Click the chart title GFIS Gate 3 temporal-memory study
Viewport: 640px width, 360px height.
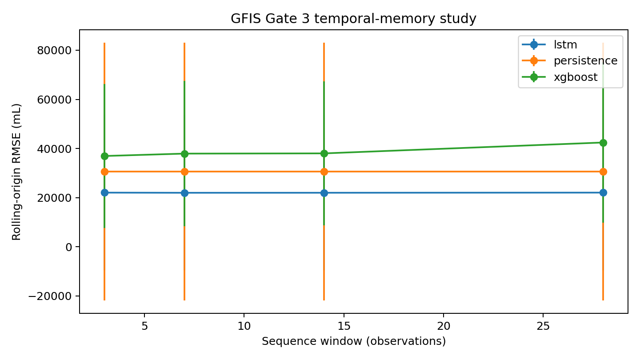pos(353,19)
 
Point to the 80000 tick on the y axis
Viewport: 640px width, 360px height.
pos(54,51)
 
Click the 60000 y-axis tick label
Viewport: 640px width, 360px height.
pos(54,100)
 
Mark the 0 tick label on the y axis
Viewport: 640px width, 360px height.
pos(68,247)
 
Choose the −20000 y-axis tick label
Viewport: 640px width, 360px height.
pos(50,296)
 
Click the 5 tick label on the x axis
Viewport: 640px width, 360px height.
pos(144,326)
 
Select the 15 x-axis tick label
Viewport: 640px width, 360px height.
pos(344,326)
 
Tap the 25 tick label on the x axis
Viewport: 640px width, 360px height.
pos(543,326)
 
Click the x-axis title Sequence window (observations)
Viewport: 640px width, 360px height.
pos(354,342)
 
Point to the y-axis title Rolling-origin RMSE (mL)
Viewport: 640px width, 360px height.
pos(16,172)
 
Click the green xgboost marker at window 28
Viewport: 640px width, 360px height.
pos(603,143)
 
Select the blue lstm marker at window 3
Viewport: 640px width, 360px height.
pos(104,192)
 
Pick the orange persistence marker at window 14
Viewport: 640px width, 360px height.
pos(324,172)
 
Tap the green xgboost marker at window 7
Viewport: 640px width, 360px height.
pos(184,154)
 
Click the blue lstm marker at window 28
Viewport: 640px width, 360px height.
pos(603,192)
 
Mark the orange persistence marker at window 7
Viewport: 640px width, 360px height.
pos(184,172)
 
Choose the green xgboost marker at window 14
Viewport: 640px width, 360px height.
pos(324,154)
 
